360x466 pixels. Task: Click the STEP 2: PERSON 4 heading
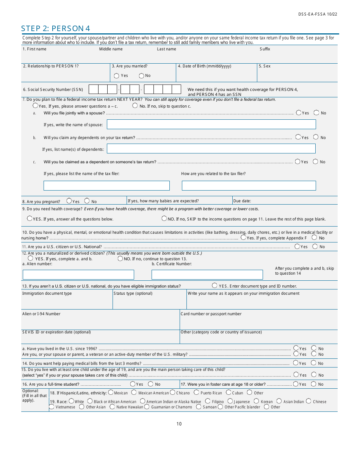(55, 28)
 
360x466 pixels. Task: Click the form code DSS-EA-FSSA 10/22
(317, 14)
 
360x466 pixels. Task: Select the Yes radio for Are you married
(116, 76)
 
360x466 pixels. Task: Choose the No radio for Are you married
(141, 76)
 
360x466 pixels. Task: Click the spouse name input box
(211, 124)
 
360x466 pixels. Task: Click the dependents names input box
(211, 149)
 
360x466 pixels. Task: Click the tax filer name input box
(106, 186)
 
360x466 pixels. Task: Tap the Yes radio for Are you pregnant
(69, 201)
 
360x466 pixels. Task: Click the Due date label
(242, 201)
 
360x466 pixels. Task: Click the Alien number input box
(78, 275)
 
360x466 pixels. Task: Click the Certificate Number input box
(207, 275)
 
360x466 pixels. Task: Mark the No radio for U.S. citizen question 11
(315, 246)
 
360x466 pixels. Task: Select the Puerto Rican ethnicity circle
(196, 393)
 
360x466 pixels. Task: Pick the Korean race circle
(256, 401)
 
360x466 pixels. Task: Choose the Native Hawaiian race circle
(112, 407)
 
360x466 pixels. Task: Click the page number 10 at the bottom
(179, 424)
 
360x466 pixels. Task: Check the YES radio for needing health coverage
(30, 218)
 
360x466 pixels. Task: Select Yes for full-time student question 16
(133, 384)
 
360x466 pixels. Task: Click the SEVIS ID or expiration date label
(56, 332)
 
